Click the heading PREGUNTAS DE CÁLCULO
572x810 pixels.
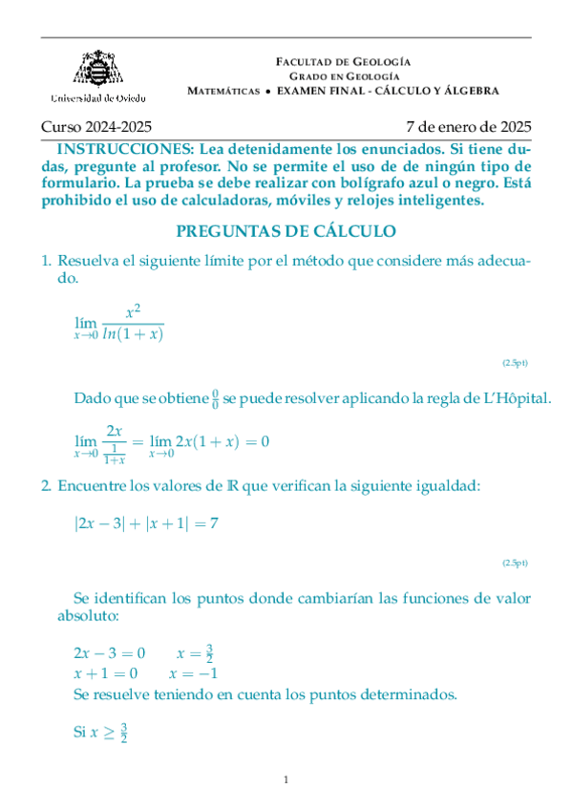(x=286, y=231)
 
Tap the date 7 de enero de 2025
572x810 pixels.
(x=468, y=126)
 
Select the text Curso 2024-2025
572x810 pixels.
(x=95, y=126)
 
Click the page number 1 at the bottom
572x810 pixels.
(x=286, y=781)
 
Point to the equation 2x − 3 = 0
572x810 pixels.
(x=109, y=653)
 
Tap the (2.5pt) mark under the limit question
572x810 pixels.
(x=515, y=363)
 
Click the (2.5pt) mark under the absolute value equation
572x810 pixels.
(x=515, y=564)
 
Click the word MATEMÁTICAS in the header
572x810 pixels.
(x=224, y=91)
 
